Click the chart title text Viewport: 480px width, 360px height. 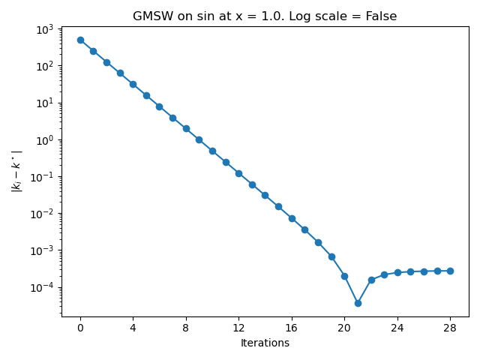click(265, 16)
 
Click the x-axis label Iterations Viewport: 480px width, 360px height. click(265, 343)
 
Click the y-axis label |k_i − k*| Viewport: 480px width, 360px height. click(16, 171)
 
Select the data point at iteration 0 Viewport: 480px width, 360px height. click(80, 40)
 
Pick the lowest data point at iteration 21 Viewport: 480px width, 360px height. click(358, 303)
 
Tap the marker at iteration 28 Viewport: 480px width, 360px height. click(450, 271)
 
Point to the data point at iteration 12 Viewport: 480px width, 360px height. click(238, 173)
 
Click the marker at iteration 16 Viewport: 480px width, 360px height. click(292, 218)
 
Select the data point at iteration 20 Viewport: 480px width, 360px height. click(344, 276)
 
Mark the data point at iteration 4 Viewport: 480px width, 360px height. click(133, 84)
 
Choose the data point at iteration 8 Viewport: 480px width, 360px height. click(186, 128)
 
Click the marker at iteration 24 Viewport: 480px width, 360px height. click(397, 272)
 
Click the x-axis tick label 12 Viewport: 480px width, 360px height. click(238, 328)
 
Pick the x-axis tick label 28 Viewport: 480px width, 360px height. click(450, 328)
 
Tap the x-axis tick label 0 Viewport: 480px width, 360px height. click(80, 328)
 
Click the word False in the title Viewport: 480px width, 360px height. click(381, 16)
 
